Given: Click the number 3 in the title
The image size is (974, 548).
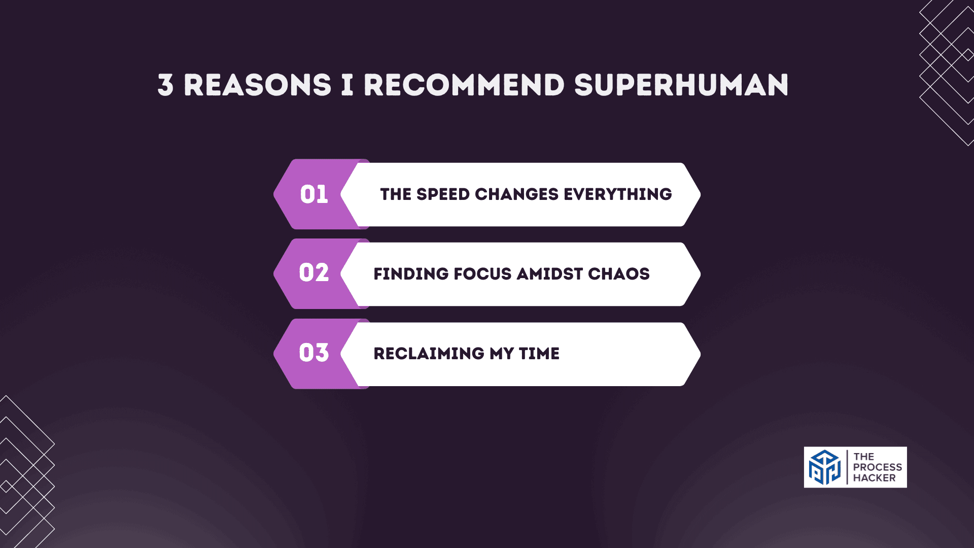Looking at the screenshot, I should (x=165, y=85).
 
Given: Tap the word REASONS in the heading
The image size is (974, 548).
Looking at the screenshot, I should (x=257, y=85).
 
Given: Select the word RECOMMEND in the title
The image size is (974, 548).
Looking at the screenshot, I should (x=464, y=85).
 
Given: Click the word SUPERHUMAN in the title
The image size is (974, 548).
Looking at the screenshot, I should (x=681, y=85).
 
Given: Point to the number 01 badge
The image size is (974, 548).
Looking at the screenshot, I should (x=314, y=194).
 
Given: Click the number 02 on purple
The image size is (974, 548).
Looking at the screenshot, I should (x=314, y=273).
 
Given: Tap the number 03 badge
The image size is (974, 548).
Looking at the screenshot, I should (x=314, y=353).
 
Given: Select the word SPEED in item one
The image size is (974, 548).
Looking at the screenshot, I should (x=443, y=194).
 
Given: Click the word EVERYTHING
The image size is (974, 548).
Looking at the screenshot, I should (x=617, y=194).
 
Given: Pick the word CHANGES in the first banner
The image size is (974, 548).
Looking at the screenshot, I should (x=516, y=194).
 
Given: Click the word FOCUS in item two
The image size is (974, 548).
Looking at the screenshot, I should (x=482, y=274).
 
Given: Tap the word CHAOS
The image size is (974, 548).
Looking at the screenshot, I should (x=618, y=274).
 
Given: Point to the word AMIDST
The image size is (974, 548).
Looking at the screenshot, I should (x=549, y=274).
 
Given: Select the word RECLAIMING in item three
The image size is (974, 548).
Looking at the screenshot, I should (x=429, y=354).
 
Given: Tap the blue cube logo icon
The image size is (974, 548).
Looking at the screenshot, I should (x=824, y=467).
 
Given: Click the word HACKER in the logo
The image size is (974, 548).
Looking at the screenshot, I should (x=874, y=478).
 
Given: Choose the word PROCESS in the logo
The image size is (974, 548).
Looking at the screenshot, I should (x=877, y=467).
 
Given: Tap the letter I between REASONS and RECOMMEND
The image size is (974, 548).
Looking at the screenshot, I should (x=347, y=85).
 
